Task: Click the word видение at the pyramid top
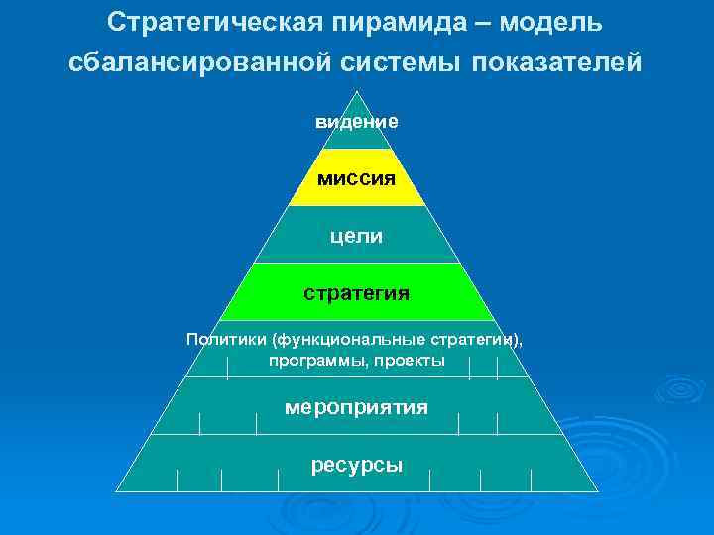[x=357, y=122]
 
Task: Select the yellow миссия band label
[x=357, y=179]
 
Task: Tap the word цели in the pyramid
[x=357, y=236]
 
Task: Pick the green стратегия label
[x=357, y=293]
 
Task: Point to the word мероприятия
[x=357, y=407]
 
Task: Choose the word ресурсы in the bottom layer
[x=357, y=465]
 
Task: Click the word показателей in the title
[x=557, y=62]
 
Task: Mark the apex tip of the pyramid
[x=357, y=92]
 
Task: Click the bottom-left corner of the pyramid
[x=116, y=492]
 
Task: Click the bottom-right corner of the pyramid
[x=598, y=492]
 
